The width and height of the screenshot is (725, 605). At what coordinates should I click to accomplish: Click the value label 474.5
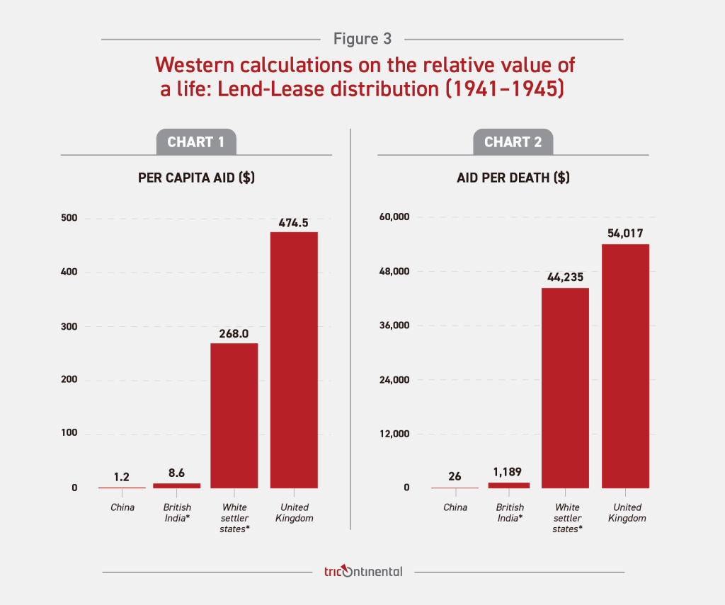pyautogui.click(x=293, y=221)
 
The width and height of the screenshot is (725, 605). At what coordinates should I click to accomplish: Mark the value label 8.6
pyautogui.click(x=176, y=472)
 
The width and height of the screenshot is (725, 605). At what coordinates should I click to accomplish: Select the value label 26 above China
pyautogui.click(x=455, y=476)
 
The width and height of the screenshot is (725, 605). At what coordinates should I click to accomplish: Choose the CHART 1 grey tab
pyautogui.click(x=196, y=142)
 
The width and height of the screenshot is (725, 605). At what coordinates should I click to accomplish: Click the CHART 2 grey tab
pyautogui.click(x=513, y=142)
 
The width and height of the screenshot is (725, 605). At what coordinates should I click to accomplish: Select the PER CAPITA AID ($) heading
pyautogui.click(x=196, y=178)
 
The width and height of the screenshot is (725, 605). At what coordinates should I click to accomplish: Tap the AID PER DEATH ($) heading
pyautogui.click(x=513, y=178)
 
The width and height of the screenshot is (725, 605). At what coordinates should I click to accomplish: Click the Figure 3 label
pyautogui.click(x=362, y=39)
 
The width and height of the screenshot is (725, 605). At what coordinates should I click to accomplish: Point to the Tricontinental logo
pyautogui.click(x=362, y=571)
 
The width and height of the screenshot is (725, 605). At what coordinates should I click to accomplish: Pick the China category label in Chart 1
pyautogui.click(x=122, y=507)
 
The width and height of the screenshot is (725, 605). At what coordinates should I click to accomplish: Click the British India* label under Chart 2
pyautogui.click(x=510, y=512)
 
